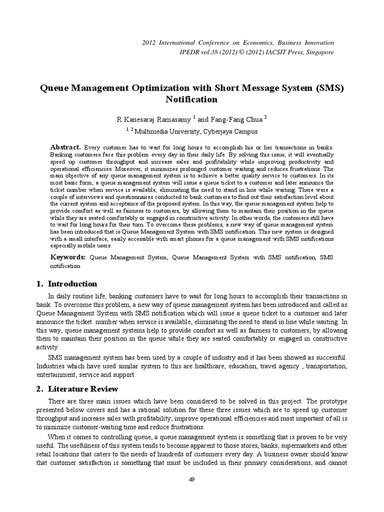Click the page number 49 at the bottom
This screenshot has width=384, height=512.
point(192,493)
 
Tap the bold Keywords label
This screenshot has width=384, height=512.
point(67,257)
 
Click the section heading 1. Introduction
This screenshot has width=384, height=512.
point(67,284)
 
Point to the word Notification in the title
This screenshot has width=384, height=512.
point(192,99)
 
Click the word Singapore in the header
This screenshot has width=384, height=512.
point(318,52)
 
